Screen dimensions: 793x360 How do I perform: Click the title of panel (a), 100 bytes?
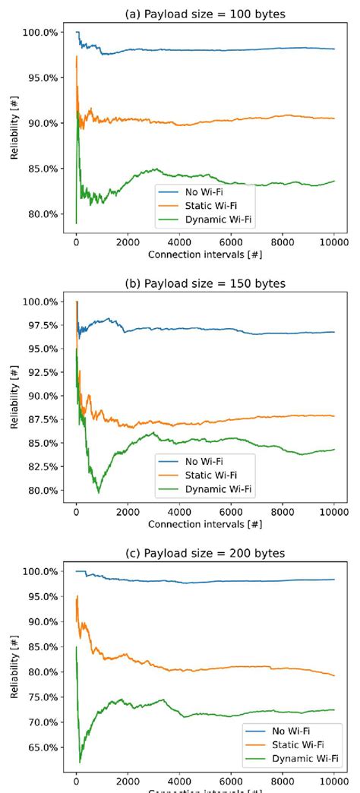[204, 13]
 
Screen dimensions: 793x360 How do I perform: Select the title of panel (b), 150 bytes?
[204, 284]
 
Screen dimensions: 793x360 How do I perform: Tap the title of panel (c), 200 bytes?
[204, 554]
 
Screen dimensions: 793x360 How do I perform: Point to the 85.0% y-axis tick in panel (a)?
[40, 169]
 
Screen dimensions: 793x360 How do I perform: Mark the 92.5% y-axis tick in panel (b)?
[40, 373]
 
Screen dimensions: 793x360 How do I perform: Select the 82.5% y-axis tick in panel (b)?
[40, 467]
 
